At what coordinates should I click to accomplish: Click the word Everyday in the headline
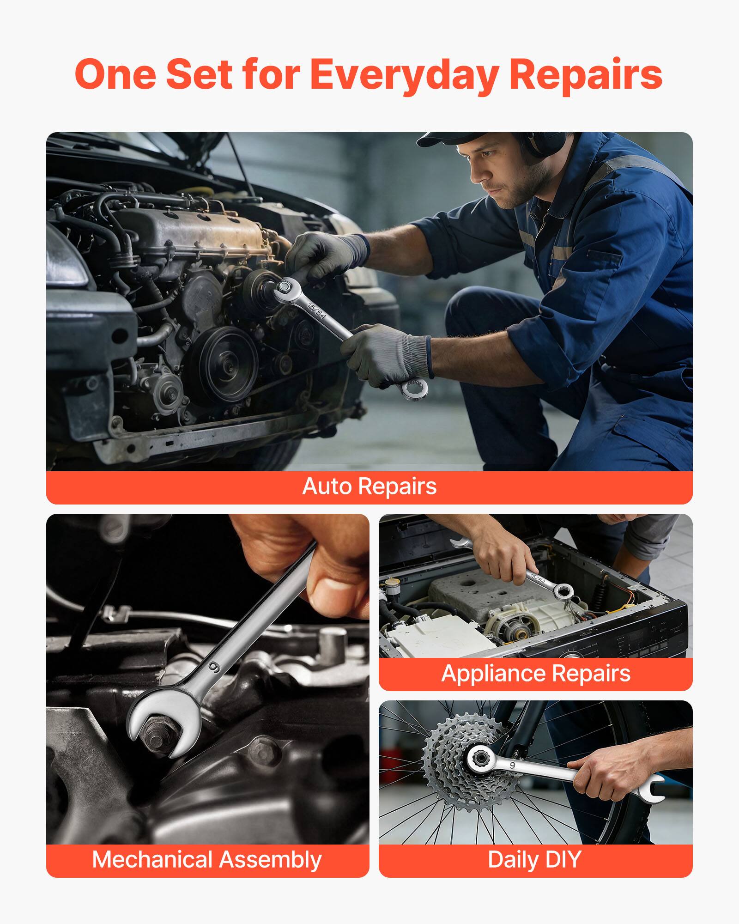[x=404, y=75]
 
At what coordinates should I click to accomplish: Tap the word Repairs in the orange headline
[x=585, y=75]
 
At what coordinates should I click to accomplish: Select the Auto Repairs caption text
[x=369, y=486]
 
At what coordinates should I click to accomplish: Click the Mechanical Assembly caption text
[x=207, y=860]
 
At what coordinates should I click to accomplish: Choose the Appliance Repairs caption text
[x=536, y=673]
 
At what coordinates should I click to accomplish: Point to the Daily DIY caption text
[x=534, y=860]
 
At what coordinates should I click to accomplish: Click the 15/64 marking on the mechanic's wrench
[x=317, y=309]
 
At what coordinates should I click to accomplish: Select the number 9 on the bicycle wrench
[x=512, y=766]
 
